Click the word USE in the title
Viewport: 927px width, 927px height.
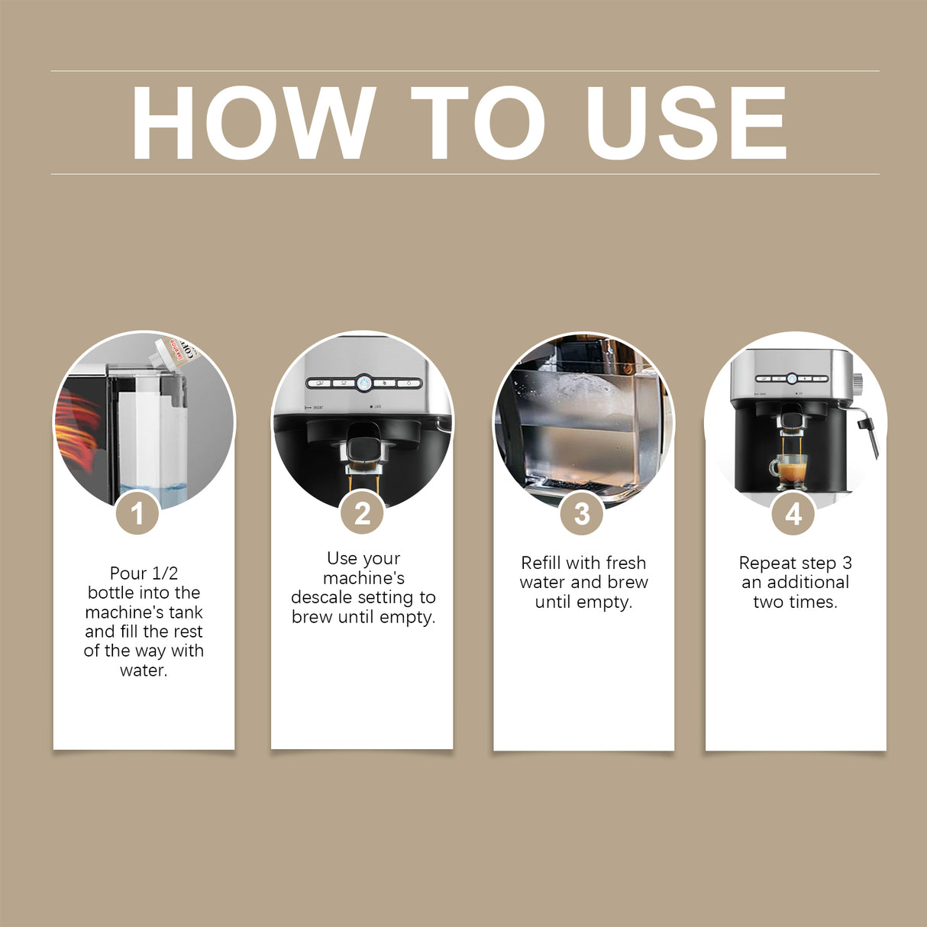[x=686, y=123]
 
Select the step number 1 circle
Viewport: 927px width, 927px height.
[x=137, y=513]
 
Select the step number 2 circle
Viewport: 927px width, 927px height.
[x=362, y=513]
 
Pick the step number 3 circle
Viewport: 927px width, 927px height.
[x=582, y=513]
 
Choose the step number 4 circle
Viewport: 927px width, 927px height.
[x=793, y=513]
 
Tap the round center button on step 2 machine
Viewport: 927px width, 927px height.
[x=364, y=383]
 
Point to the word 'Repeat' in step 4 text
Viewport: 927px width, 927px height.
[x=767, y=563]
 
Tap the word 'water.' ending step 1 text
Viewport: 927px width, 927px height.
[x=144, y=670]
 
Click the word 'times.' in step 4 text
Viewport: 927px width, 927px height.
[x=816, y=602]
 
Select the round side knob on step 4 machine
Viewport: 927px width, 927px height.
[x=858, y=380]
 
